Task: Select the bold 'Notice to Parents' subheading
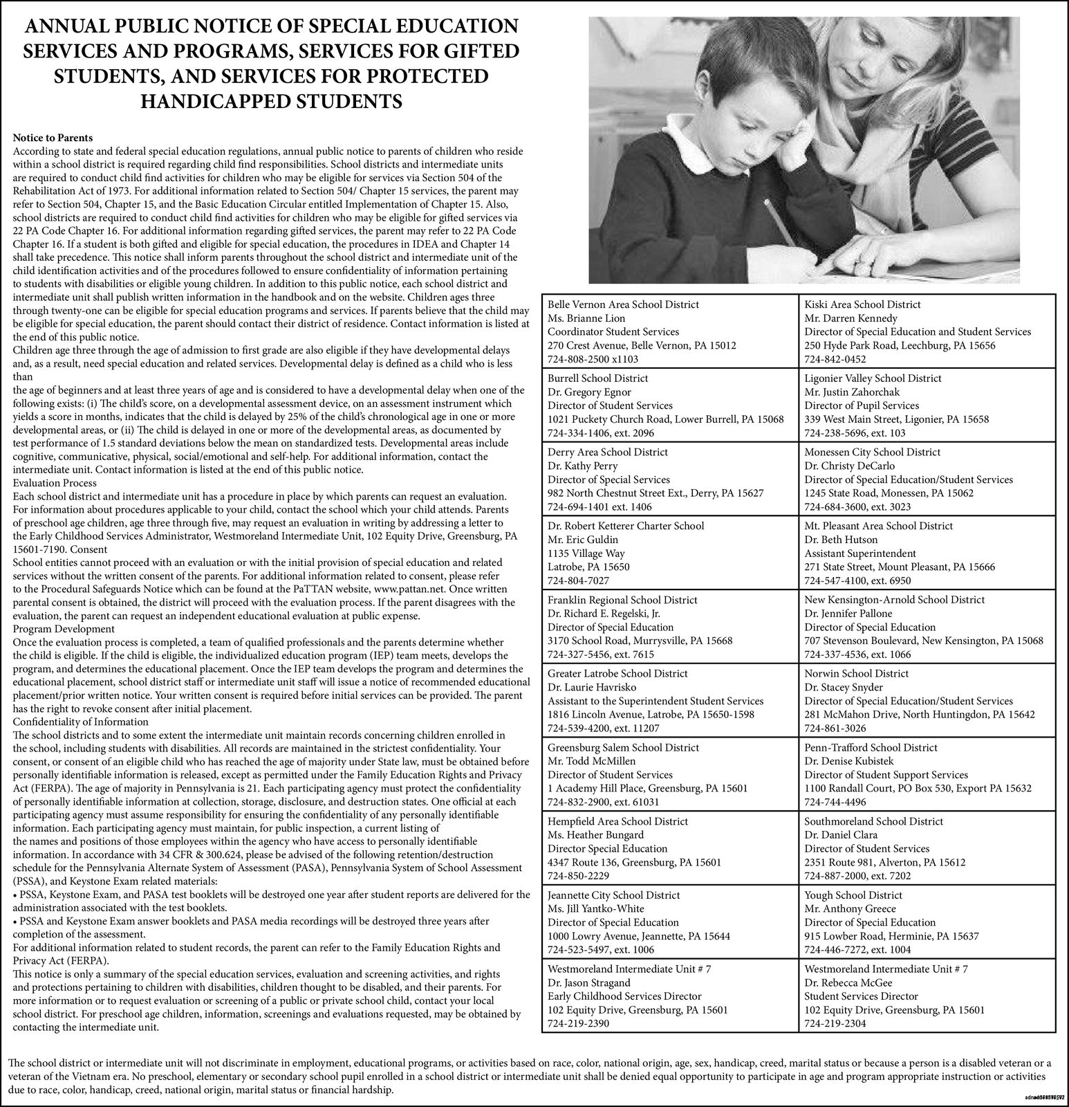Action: click(53, 138)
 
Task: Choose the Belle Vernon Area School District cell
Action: click(669, 331)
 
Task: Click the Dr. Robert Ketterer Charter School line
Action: click(626, 525)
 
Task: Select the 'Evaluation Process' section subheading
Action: click(55, 483)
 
